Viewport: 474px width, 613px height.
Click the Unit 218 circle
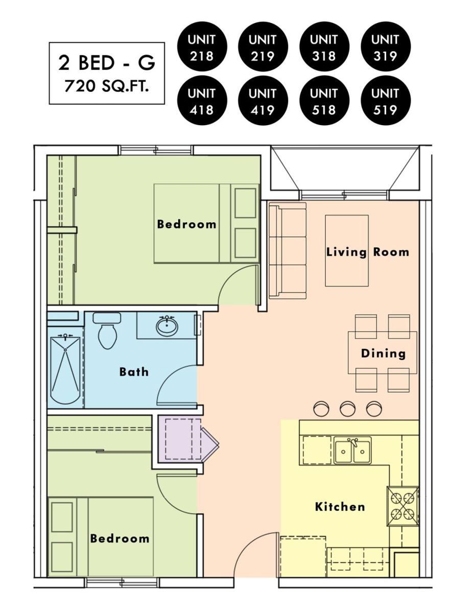(x=202, y=47)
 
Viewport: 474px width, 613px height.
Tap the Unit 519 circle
(x=385, y=101)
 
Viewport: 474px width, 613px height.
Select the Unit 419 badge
(x=263, y=101)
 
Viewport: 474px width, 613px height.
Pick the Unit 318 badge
(x=324, y=47)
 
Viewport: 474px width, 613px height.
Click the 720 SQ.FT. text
(x=106, y=86)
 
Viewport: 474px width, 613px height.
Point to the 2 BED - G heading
(x=107, y=63)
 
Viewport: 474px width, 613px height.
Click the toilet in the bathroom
(x=107, y=330)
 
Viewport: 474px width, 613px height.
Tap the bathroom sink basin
(x=167, y=326)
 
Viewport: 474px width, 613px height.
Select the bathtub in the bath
(x=65, y=370)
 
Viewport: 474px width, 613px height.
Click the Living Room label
(x=367, y=252)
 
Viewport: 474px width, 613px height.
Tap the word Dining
(x=383, y=353)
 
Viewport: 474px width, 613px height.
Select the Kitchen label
(x=340, y=507)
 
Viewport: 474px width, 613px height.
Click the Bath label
(x=134, y=372)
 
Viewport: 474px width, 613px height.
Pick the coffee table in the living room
(x=346, y=251)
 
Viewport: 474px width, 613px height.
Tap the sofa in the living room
(x=288, y=250)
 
